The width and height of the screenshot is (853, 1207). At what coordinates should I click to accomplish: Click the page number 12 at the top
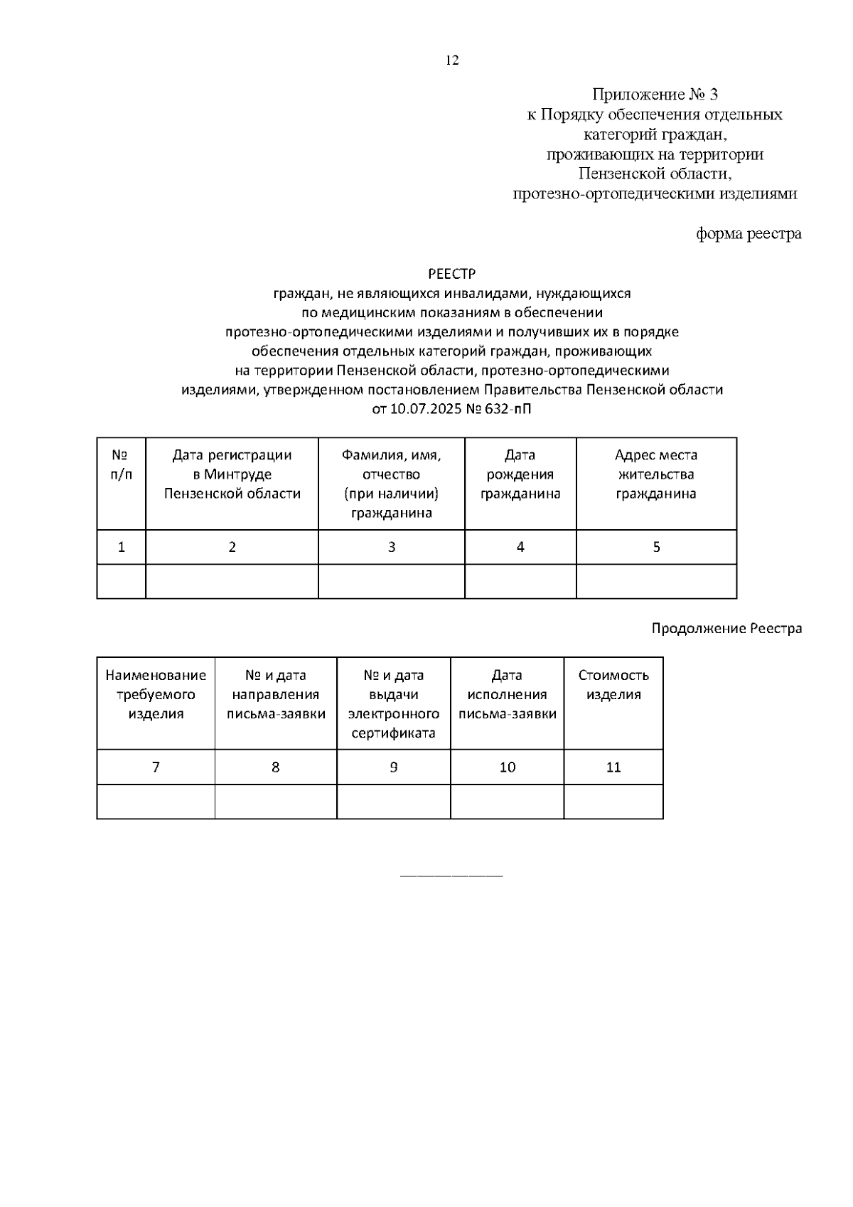pos(452,60)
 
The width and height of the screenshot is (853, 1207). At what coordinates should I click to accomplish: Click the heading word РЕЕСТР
pos(451,274)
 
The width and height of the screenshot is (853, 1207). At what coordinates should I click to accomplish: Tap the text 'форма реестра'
pos(748,233)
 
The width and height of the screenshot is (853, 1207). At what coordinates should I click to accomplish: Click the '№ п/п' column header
pos(121,465)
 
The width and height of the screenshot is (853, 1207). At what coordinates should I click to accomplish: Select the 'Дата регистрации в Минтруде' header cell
pos(232,474)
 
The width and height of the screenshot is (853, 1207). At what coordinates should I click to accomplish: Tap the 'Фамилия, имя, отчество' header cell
pos(391,484)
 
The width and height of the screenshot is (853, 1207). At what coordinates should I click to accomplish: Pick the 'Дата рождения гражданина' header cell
pos(520,474)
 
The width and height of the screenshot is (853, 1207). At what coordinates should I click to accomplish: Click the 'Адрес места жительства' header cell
pos(655,474)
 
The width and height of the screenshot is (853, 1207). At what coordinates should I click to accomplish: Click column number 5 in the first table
pos(656,547)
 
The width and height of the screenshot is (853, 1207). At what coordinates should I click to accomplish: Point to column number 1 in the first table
pos(122,547)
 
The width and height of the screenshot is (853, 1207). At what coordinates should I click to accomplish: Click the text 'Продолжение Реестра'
pos(726,629)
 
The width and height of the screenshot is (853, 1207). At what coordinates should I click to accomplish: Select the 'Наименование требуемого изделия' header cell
pos(156,694)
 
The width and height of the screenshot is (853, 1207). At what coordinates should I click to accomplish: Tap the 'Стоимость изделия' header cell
pos(613,685)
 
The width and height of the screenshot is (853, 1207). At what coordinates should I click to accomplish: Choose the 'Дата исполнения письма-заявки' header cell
pos(507,694)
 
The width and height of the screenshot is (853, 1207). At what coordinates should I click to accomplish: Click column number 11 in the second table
pos(613,767)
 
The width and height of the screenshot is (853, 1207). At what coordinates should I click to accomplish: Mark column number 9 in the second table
pos(393,767)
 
